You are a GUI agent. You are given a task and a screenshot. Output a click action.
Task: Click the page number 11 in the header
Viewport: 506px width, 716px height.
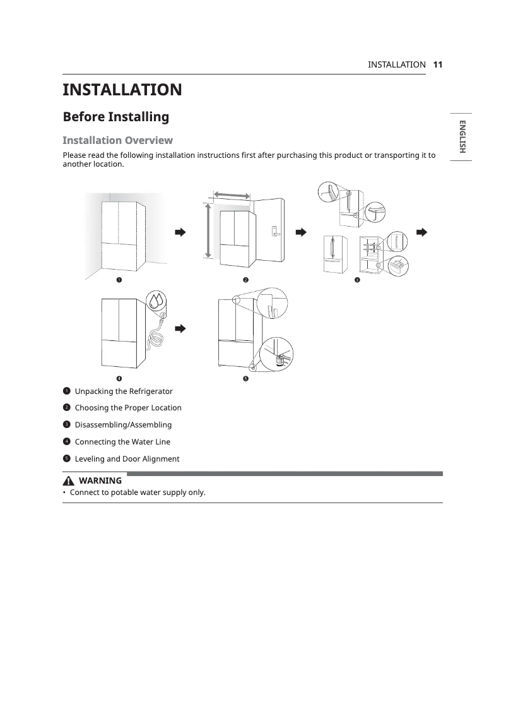[438, 64]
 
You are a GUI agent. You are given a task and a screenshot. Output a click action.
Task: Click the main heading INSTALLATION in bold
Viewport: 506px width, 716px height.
[122, 90]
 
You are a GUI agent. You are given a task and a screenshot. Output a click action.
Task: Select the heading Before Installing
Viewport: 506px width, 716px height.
[116, 117]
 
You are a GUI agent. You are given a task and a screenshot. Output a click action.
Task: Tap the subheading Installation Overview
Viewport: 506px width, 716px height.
[117, 140]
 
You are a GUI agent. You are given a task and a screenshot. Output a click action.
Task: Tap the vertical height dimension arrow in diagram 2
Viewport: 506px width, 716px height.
[208, 230]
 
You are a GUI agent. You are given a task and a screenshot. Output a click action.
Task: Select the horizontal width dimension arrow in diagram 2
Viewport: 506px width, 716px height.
[232, 195]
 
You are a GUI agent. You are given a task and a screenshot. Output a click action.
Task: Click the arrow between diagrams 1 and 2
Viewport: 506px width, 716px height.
[180, 232]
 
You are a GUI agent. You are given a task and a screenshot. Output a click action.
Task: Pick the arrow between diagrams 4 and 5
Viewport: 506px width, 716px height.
[180, 328]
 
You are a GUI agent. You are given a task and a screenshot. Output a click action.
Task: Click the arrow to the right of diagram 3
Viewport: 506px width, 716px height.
[421, 232]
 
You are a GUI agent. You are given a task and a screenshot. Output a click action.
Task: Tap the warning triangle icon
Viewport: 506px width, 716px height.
[68, 481]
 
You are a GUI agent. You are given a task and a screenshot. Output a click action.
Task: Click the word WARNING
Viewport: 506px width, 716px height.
[100, 481]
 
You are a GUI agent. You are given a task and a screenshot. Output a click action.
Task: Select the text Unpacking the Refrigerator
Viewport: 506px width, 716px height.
[124, 391]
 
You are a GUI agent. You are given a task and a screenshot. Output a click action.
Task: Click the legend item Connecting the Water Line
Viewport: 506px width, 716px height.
[122, 442]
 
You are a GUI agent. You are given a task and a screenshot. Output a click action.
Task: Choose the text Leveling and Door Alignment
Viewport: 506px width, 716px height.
[127, 459]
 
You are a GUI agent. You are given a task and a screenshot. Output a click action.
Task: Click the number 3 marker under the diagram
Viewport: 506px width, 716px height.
[356, 280]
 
